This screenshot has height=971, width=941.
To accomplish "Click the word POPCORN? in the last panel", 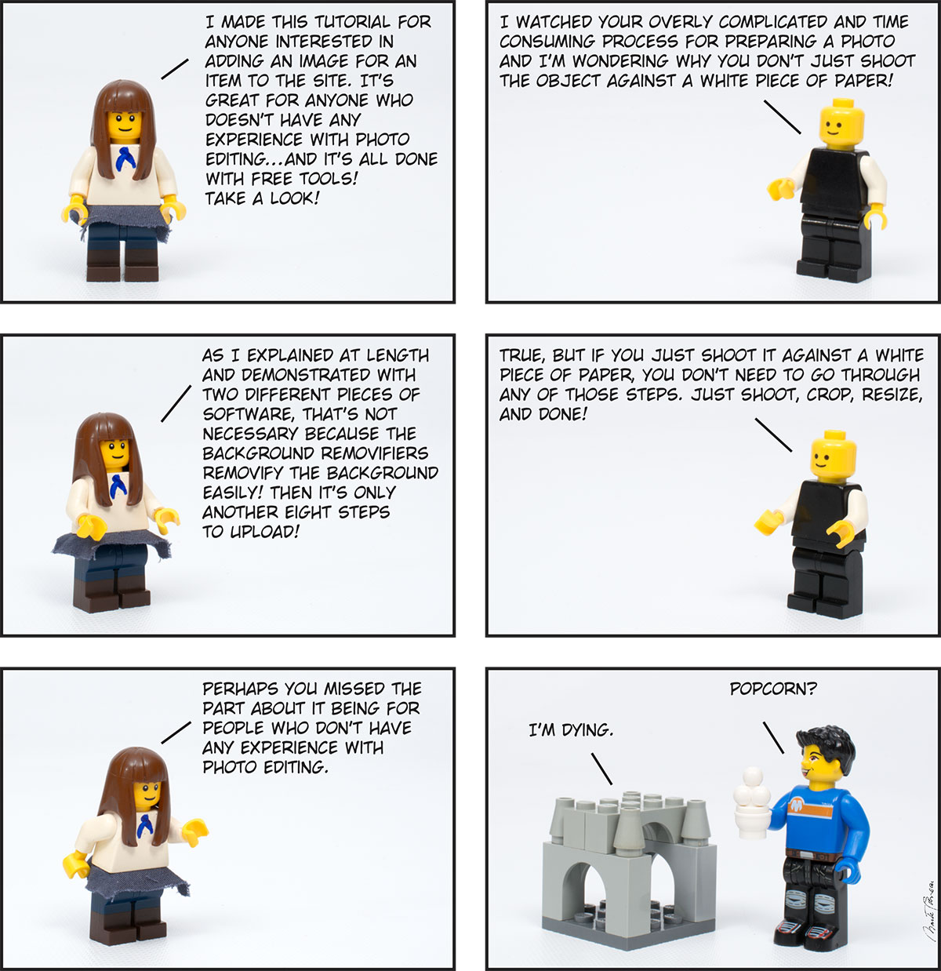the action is (x=773, y=689).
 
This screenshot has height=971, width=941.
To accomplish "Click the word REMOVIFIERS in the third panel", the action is (x=375, y=453).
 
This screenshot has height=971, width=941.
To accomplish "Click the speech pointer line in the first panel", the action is (x=175, y=69).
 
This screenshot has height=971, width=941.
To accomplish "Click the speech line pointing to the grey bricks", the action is (x=601, y=769).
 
